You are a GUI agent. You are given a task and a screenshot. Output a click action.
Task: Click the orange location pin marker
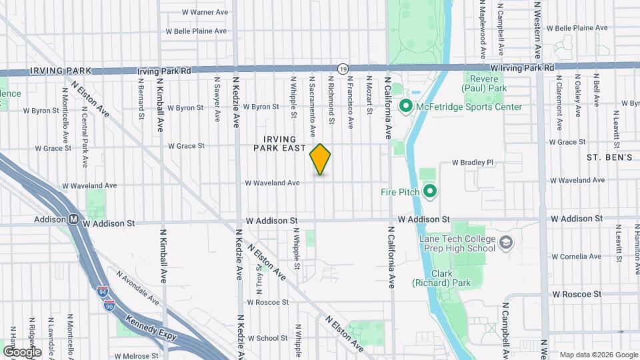click(320, 159)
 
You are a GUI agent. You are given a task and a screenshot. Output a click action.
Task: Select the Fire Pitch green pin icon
click(429, 192)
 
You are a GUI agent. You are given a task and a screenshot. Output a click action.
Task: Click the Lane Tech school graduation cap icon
click(506, 243)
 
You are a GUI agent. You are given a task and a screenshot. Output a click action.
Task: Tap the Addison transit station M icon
click(73, 219)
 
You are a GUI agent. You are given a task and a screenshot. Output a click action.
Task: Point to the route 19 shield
click(343, 68)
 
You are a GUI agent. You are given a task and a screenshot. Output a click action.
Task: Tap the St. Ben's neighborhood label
click(609, 157)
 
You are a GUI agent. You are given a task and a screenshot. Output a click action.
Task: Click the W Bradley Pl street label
click(471, 162)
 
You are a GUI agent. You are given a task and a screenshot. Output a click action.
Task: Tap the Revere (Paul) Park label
click(485, 83)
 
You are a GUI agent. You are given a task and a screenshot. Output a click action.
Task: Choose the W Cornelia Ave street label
click(576, 256)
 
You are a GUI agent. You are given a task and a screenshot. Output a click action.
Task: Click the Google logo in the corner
click(22, 351)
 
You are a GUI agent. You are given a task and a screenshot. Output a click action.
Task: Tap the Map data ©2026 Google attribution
click(597, 354)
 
